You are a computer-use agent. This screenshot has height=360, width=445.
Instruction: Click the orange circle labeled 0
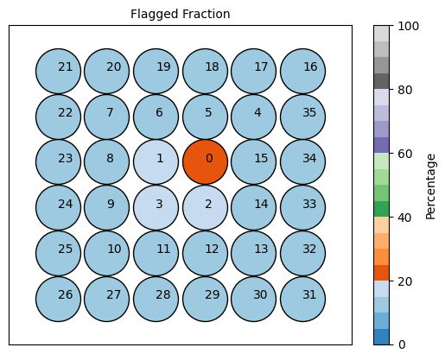click(x=205, y=162)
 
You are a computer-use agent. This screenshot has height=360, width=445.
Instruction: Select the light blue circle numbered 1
click(x=156, y=162)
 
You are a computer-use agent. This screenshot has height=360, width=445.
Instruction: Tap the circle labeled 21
click(x=59, y=71)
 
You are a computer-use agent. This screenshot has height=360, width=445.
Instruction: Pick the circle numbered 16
click(x=303, y=71)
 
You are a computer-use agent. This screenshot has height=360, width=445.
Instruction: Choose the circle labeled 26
click(x=59, y=299)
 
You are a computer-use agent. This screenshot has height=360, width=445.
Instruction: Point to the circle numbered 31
click(x=303, y=299)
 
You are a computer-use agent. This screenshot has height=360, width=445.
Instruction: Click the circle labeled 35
click(x=303, y=117)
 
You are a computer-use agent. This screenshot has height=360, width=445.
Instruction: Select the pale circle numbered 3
click(x=156, y=208)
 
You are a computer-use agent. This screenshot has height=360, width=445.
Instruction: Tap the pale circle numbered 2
click(x=205, y=208)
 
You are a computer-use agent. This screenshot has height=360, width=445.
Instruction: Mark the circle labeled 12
click(x=205, y=253)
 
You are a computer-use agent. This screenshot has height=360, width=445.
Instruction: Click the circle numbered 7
click(x=107, y=117)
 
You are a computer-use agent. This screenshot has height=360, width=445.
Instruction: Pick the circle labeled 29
click(x=205, y=299)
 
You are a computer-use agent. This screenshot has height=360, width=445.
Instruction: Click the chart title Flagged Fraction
click(x=181, y=14)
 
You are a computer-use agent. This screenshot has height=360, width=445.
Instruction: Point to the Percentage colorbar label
click(x=430, y=186)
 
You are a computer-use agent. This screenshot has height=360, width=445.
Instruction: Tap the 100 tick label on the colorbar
click(x=408, y=26)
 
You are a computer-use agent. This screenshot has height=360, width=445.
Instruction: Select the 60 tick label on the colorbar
click(x=405, y=154)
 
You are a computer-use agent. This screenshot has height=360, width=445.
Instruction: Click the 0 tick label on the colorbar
click(x=402, y=344)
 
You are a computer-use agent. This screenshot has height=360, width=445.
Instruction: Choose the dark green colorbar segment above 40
click(x=381, y=209)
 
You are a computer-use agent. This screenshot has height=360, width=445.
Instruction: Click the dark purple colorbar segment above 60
click(x=381, y=145)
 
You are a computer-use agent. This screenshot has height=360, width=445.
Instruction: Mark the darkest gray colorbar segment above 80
click(x=381, y=81)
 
